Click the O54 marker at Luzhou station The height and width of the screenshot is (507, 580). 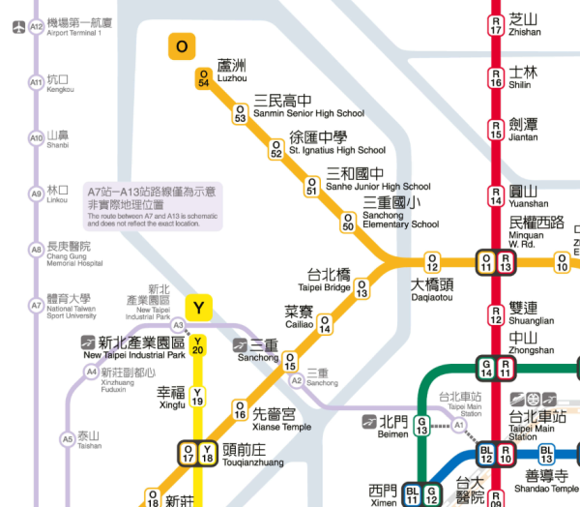[x=203, y=78]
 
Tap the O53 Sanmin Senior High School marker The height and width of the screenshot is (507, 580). [x=240, y=114]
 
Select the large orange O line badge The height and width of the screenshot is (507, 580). [x=181, y=46]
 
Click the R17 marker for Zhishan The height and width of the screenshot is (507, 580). [x=496, y=24]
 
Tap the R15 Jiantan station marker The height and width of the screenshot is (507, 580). [x=496, y=129]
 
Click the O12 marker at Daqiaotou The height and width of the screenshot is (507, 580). [x=432, y=261]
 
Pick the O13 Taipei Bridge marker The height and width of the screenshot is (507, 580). [x=362, y=288]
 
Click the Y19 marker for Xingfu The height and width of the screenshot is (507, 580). [x=198, y=396]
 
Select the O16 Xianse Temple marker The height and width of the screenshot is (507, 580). [x=240, y=410]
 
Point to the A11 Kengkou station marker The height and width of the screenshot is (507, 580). [x=37, y=83]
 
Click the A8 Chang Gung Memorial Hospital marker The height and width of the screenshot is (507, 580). [x=37, y=250]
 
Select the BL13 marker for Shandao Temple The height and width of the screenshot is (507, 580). [x=546, y=455]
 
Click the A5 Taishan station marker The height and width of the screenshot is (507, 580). [x=67, y=439]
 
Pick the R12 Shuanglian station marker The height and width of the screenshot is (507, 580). [x=496, y=313]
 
